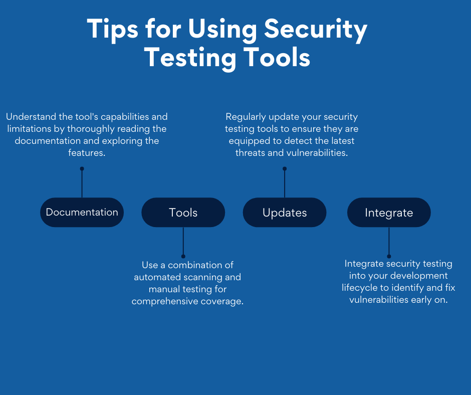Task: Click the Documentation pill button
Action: coord(82,212)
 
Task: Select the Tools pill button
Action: coord(183,212)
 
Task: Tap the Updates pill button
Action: coord(285,212)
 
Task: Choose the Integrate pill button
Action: coord(389,212)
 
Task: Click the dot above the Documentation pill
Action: coord(82,168)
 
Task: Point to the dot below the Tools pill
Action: coord(183,257)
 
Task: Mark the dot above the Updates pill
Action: coord(285,168)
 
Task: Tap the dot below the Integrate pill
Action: coord(389,257)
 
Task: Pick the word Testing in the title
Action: coord(190,58)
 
